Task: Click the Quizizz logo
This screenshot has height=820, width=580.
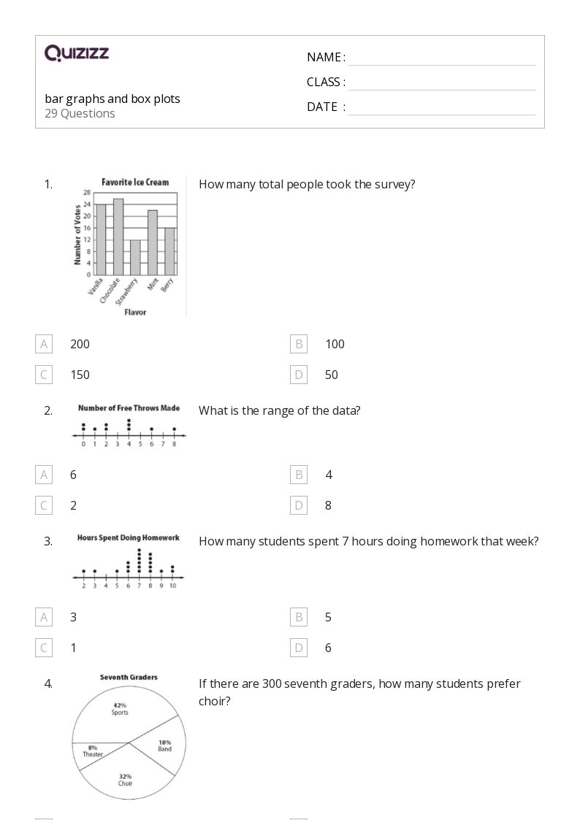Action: click(77, 53)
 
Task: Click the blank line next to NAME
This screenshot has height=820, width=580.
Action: click(441, 58)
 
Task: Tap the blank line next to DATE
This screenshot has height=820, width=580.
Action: click(441, 108)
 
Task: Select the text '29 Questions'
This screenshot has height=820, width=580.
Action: click(80, 114)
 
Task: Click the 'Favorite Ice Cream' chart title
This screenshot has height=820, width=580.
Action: click(135, 182)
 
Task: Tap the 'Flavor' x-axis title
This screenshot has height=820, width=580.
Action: click(135, 313)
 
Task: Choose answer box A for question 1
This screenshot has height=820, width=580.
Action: click(44, 344)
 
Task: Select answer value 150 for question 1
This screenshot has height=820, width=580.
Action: click(80, 375)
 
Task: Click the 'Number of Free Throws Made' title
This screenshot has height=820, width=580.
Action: click(129, 408)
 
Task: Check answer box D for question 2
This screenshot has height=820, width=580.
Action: click(299, 505)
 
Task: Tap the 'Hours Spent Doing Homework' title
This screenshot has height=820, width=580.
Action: click(129, 538)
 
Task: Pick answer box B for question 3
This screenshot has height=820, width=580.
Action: click(299, 617)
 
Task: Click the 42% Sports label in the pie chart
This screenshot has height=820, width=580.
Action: click(120, 708)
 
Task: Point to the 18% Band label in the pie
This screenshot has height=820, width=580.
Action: click(164, 746)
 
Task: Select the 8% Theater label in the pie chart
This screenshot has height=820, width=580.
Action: click(93, 751)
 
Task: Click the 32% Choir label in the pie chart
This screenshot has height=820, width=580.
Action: click(125, 780)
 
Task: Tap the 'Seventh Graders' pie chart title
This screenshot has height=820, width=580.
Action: click(129, 677)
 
